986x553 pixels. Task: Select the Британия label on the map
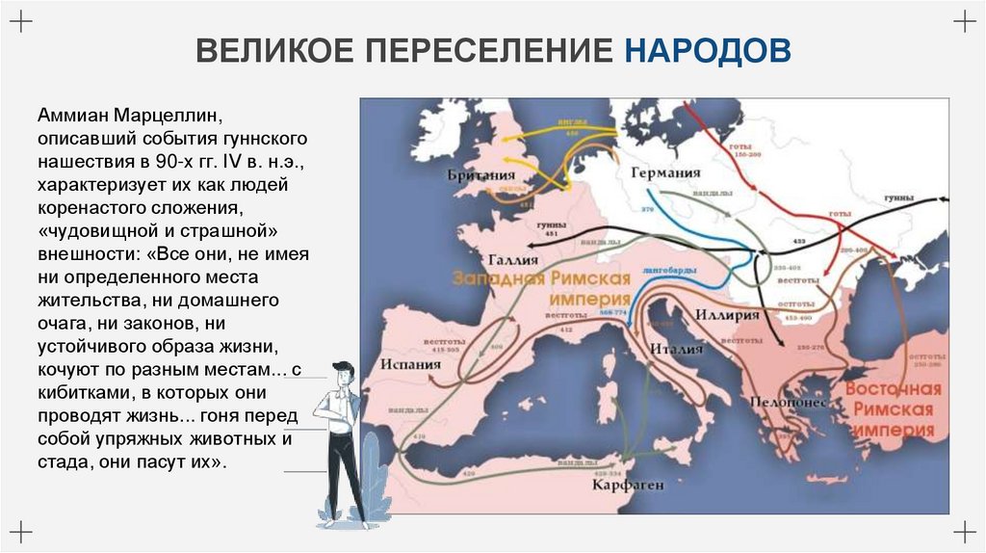point(480,175)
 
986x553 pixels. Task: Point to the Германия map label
point(665,172)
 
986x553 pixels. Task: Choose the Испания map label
point(410,365)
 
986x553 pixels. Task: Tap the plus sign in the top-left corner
point(21,22)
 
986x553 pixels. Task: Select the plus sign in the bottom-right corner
point(964,530)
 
